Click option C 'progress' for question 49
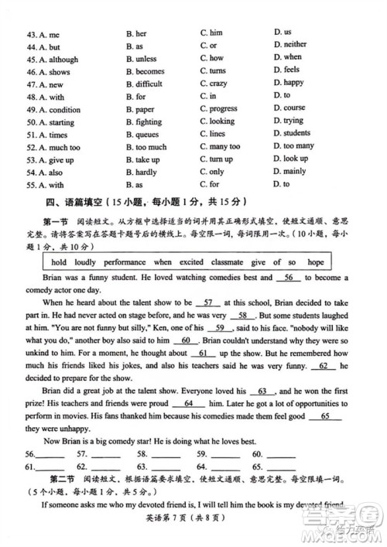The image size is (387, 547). coord(218,109)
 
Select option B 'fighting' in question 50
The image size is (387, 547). coord(143,121)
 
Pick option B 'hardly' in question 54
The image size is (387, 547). coord(141,172)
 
